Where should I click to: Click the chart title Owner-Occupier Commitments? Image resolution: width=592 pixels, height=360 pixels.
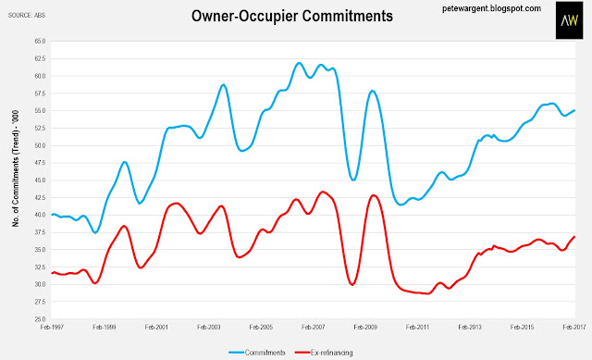tap(292, 17)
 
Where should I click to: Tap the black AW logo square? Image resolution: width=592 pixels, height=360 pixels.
tap(569, 20)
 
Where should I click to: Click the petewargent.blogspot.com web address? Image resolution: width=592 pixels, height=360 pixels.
tap(491, 8)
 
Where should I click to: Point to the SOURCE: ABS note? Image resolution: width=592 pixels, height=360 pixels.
tap(27, 16)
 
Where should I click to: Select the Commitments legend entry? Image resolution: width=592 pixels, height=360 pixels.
tap(257, 353)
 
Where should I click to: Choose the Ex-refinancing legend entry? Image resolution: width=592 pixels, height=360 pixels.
tap(324, 353)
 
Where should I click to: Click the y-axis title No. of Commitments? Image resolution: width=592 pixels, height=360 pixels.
tap(16, 168)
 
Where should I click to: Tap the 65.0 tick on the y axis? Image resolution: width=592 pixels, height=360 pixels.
tap(40, 41)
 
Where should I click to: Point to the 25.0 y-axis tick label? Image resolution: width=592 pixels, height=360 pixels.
tap(40, 319)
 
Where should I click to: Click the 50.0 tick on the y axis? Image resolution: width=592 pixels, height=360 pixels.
tap(40, 145)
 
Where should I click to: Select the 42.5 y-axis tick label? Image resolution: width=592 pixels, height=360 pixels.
tap(40, 197)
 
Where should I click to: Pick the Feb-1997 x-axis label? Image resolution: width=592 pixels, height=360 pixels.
tap(52, 327)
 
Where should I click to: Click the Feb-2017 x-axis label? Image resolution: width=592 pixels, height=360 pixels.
tap(573, 327)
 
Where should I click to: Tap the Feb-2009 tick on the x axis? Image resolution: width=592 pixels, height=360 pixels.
tap(365, 327)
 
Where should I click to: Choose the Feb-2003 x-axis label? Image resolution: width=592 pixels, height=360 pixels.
tap(209, 327)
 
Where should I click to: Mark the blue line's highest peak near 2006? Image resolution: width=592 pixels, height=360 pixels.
tap(299, 63)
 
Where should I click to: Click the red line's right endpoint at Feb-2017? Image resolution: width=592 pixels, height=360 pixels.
tap(574, 237)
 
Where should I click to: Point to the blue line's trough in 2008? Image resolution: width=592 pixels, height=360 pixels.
tap(353, 180)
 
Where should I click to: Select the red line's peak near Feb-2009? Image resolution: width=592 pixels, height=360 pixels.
tap(374, 195)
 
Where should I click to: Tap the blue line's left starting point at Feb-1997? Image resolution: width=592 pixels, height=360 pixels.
tap(52, 215)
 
